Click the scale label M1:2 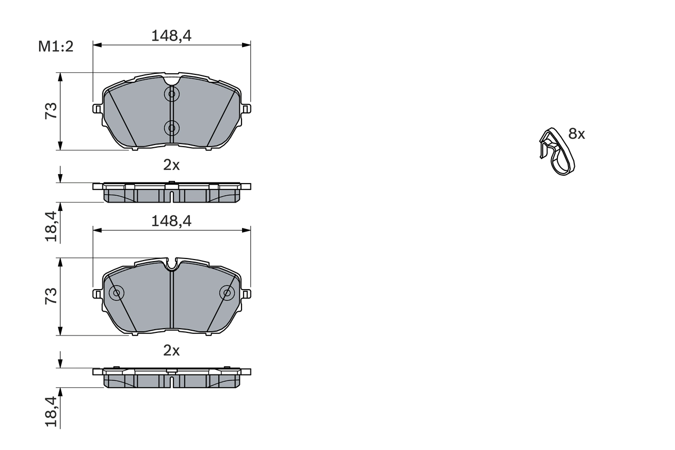pyautogui.click(x=55, y=46)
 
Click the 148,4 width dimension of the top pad pyautogui.click(x=171, y=35)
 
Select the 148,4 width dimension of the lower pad pyautogui.click(x=171, y=221)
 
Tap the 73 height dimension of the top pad pyautogui.click(x=51, y=111)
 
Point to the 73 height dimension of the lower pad pyautogui.click(x=51, y=296)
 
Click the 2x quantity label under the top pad pyautogui.click(x=171, y=165)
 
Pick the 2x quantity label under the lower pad pyautogui.click(x=171, y=350)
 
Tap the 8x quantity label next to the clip pyautogui.click(x=576, y=134)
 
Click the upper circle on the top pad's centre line pyautogui.click(x=171, y=94)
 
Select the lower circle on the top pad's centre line pyautogui.click(x=171, y=127)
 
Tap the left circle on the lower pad pyautogui.click(x=116, y=293)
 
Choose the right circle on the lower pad pyautogui.click(x=227, y=293)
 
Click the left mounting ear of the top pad pyautogui.click(x=97, y=108)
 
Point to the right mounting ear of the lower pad pyautogui.click(x=246, y=293)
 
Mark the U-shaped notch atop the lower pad pyautogui.click(x=171, y=265)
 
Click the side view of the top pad pyautogui.click(x=171, y=193)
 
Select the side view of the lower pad pyautogui.click(x=171, y=378)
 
